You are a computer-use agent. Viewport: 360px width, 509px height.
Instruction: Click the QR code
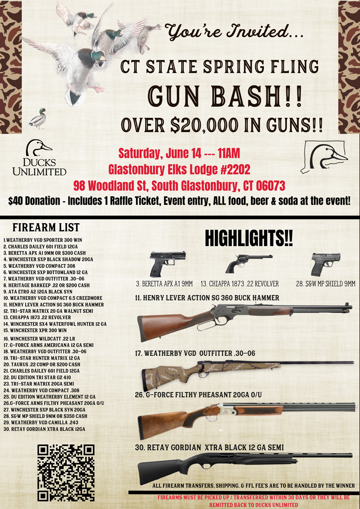point(66,473)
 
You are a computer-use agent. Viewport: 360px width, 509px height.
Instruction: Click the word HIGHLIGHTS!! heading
point(249,238)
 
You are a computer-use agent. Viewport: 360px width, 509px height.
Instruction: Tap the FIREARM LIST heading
point(46,227)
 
